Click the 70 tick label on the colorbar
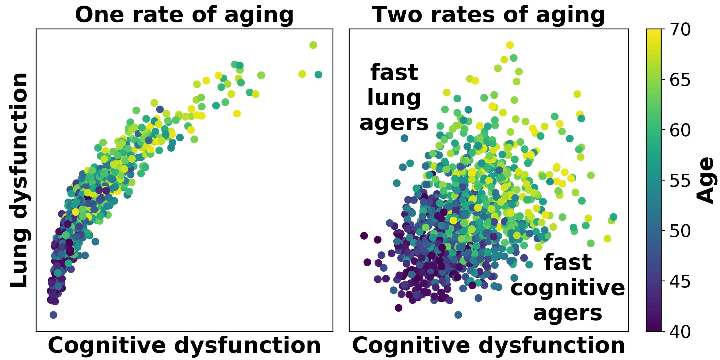pos(680,29)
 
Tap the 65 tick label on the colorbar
pos(680,80)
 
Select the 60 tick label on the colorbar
pos(680,130)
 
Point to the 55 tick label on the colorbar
pos(680,181)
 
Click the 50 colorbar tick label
pos(680,231)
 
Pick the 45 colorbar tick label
pos(680,281)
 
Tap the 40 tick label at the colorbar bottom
pos(680,332)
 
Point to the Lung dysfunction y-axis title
pos(19,180)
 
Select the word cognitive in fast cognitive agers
pos(567,288)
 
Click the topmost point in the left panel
pos(313,45)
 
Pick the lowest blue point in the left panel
pos(53,315)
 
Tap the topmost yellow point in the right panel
pos(510,45)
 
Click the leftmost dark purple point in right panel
pos(364,236)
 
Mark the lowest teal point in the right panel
pos(458,315)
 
